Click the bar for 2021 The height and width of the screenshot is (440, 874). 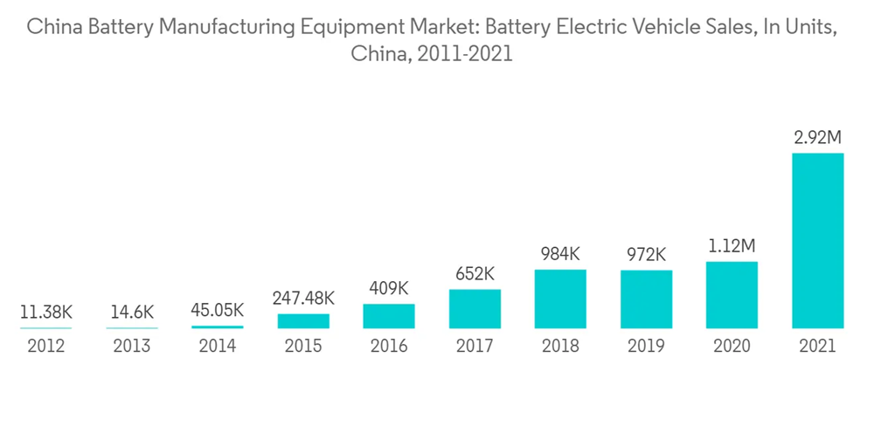tap(817, 241)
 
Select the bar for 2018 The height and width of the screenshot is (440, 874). tap(560, 299)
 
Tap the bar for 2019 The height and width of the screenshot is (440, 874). tap(646, 299)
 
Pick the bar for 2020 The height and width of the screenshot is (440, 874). tap(732, 295)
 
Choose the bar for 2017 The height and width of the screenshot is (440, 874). tap(475, 309)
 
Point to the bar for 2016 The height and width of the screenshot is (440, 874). tap(389, 316)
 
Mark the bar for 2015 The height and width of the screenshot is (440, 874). tap(303, 321)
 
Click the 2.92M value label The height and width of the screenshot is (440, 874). tap(817, 137)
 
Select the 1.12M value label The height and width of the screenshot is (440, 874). tap(732, 246)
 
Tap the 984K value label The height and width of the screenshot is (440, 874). tap(560, 254)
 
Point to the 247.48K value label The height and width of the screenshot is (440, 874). tap(303, 299)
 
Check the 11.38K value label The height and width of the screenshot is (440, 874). tap(46, 312)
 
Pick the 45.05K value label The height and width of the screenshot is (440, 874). tap(218, 310)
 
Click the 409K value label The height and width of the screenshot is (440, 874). tap(389, 288)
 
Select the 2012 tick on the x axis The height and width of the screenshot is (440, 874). tap(46, 347)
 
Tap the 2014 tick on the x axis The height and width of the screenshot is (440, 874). tap(218, 347)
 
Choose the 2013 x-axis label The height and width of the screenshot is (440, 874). tap(132, 347)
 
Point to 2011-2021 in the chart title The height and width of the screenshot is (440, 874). tap(465, 54)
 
